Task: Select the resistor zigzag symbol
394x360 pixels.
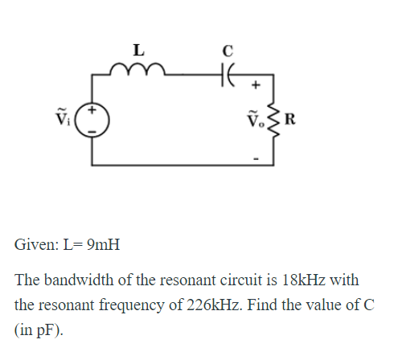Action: coord(273,122)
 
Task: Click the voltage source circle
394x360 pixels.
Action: coord(92,121)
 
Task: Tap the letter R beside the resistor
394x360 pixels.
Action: coord(289,123)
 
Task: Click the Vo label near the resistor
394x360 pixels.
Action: coord(253,123)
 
